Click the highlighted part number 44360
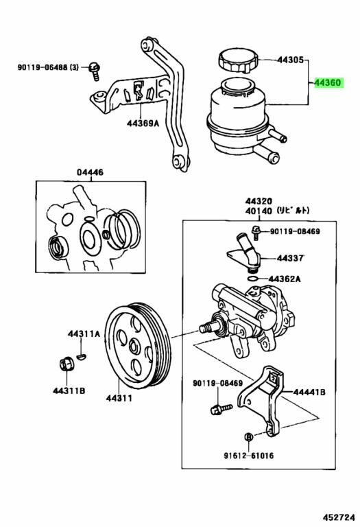tap(328, 82)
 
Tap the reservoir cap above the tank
tap(238, 60)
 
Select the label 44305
tap(290, 60)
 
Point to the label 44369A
tap(143, 124)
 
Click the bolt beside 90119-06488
tap(95, 71)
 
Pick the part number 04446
tap(90, 172)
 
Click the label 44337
tap(290, 258)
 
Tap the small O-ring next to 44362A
tap(253, 279)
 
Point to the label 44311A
tap(84, 333)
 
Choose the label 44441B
tap(309, 392)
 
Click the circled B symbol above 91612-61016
tap(249, 437)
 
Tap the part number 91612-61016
tap(249, 456)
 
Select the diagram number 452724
tap(339, 516)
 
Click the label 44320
tap(259, 201)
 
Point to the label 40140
tap(259, 211)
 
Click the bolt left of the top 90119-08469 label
tap(256, 232)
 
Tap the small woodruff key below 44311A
tap(82, 356)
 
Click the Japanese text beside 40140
tap(293, 211)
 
